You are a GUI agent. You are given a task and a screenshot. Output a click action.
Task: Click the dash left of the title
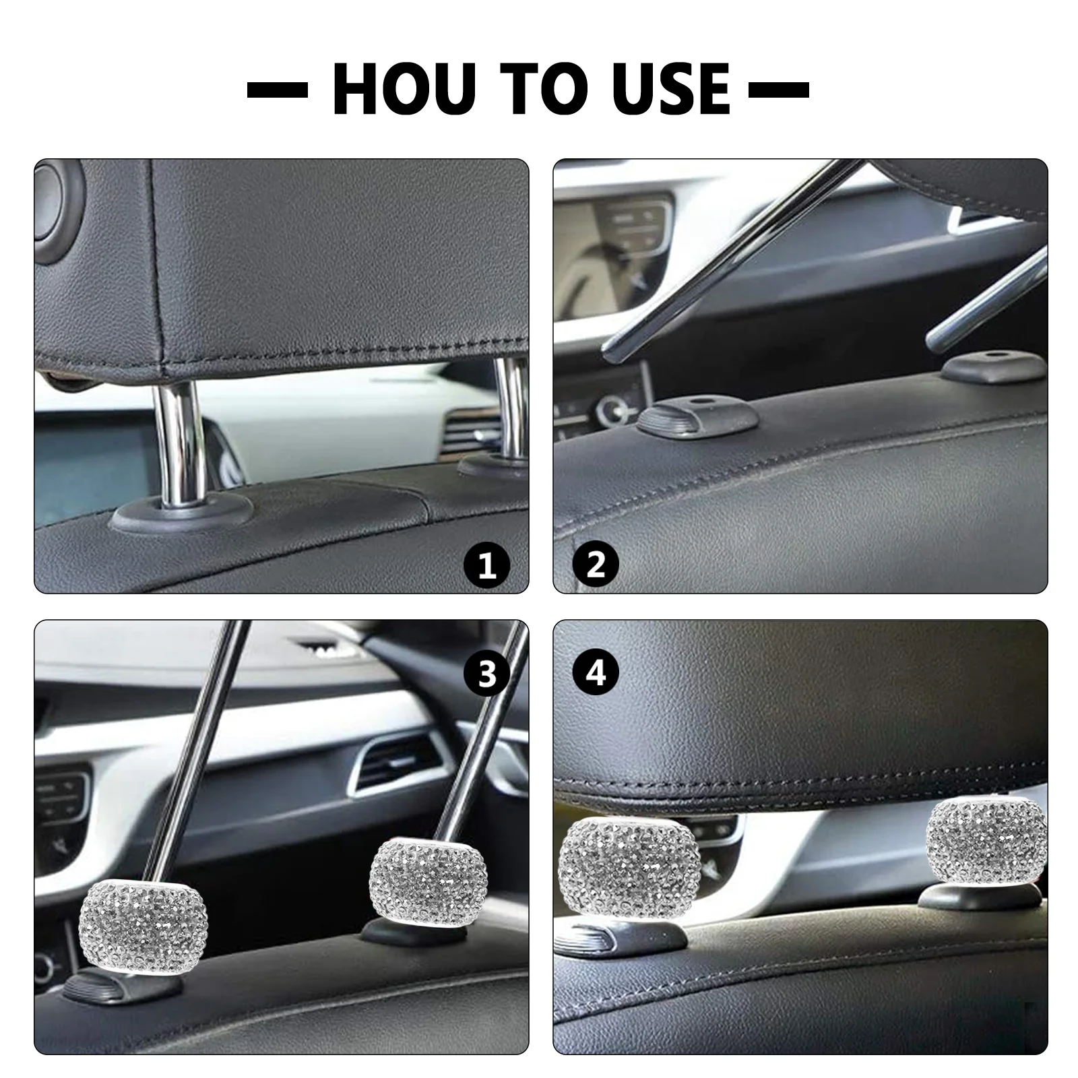[277, 89]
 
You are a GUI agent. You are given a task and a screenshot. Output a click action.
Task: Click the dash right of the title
[779, 89]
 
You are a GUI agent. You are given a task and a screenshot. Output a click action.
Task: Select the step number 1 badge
[486, 565]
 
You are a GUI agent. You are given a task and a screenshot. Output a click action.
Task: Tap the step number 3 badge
[487, 673]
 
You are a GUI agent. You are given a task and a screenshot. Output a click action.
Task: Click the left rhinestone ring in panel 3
[135, 926]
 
